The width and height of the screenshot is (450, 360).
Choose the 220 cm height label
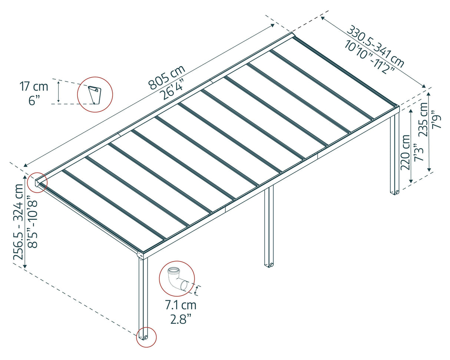pos(405,152)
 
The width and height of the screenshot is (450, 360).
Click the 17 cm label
pos(34,87)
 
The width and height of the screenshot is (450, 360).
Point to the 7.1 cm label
pos(181,305)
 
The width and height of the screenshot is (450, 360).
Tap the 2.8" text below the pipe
pos(181,319)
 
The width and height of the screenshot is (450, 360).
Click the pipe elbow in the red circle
pos(177,278)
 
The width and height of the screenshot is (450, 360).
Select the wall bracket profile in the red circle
pos(95,94)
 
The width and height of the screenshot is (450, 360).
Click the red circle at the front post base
pos(146,337)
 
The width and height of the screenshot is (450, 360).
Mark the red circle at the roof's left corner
pos(37,182)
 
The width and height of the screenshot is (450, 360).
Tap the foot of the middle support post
pos(269,265)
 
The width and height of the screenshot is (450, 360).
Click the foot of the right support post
pos(395,192)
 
